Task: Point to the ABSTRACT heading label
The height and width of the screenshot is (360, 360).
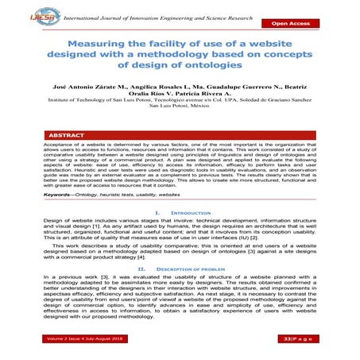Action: [65, 136]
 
